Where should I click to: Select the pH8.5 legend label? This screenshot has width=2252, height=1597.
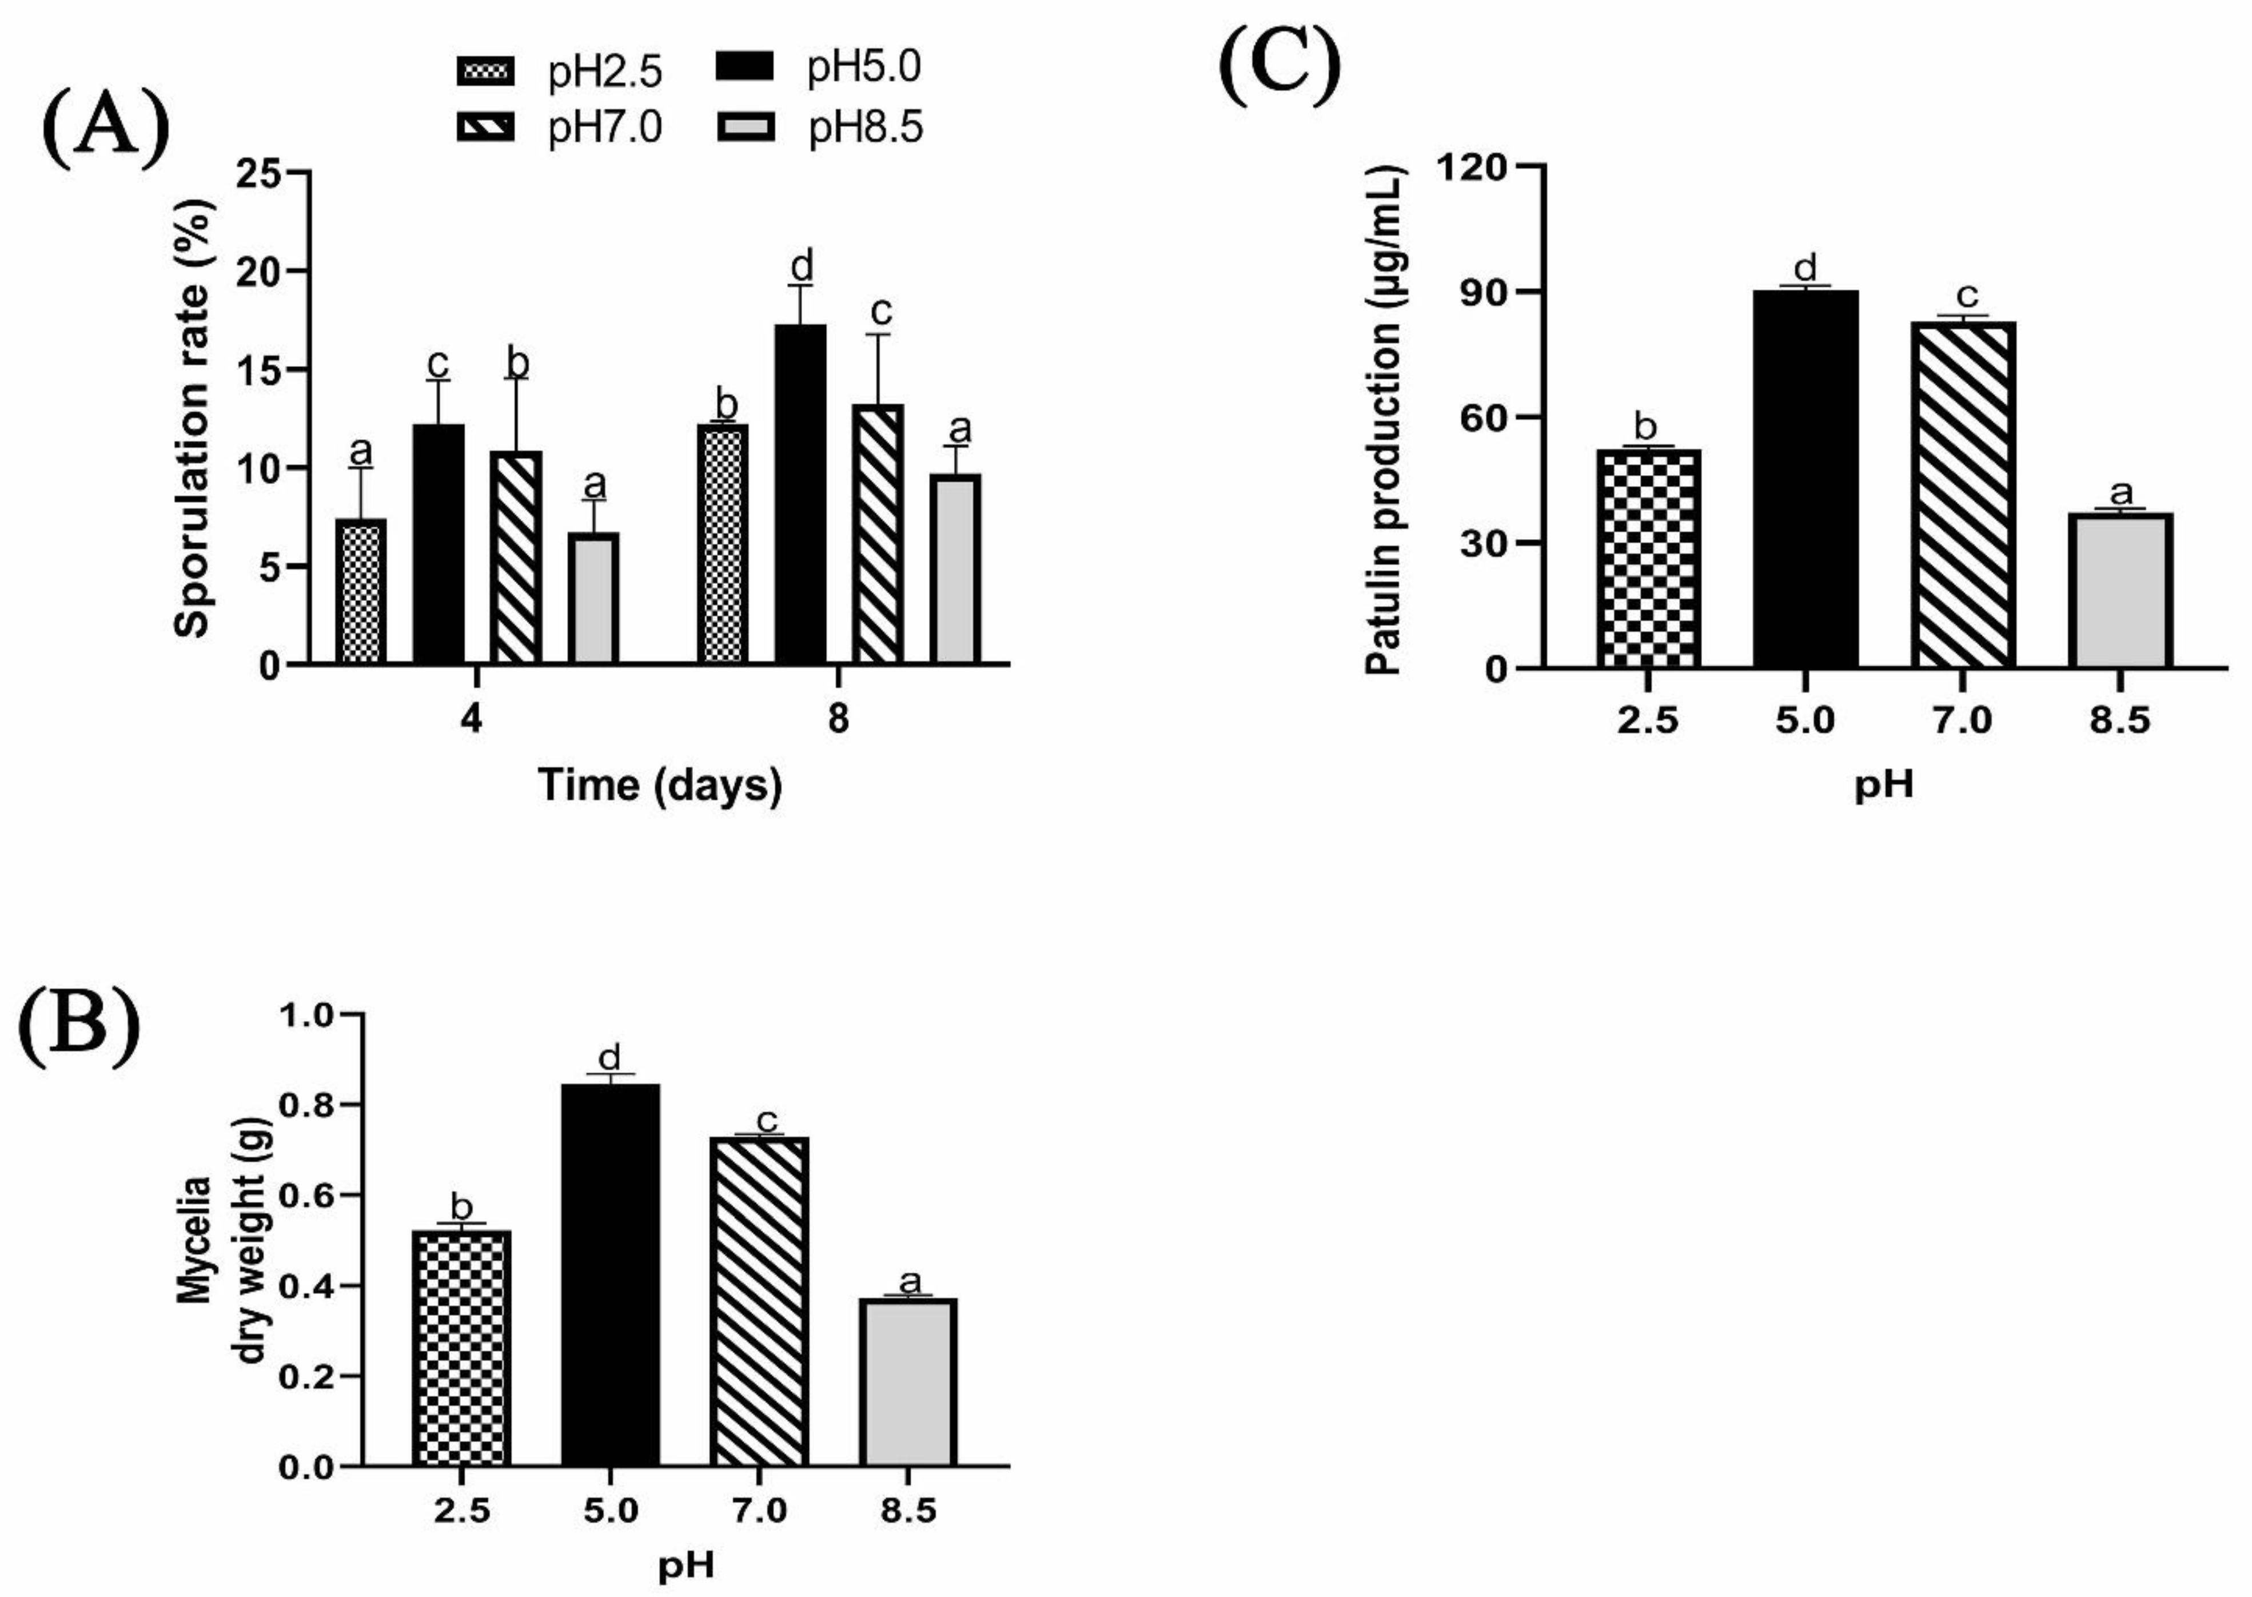point(865,128)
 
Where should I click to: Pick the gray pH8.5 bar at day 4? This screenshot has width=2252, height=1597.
point(593,598)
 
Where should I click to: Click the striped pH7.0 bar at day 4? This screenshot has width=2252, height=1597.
point(515,556)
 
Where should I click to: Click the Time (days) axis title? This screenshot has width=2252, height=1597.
point(660,786)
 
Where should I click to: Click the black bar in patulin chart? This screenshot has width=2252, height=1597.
point(1805,479)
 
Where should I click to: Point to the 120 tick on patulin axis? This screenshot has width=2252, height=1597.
point(1472,167)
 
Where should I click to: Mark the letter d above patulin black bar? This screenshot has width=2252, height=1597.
point(1805,268)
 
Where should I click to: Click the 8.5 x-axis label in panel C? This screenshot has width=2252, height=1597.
point(2119,721)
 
